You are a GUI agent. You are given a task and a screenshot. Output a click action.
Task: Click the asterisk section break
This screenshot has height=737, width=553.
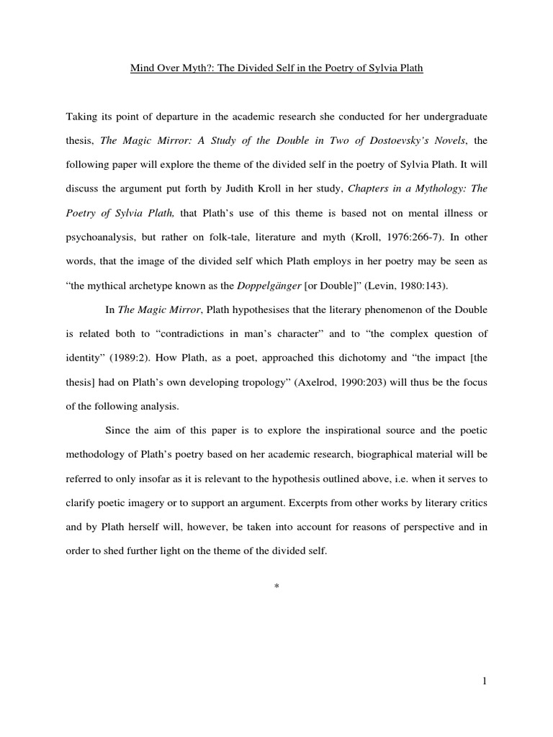click(276, 588)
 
